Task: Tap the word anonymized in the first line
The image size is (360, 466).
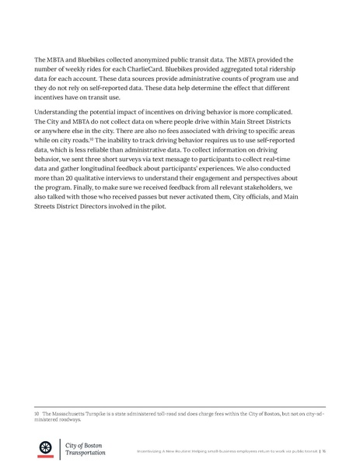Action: point(153,59)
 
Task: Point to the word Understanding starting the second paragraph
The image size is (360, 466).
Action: point(60,114)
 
